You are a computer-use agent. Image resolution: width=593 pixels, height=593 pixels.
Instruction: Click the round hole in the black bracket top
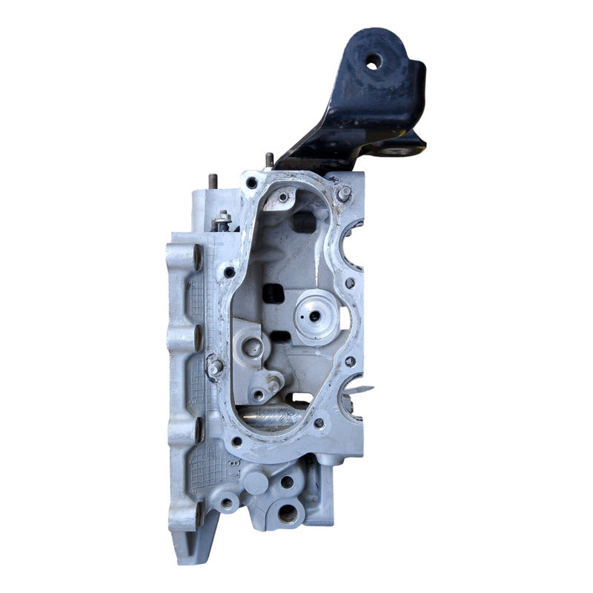pyautogui.click(x=374, y=62)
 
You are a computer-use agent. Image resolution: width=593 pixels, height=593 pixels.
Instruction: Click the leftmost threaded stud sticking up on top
pyautogui.click(x=213, y=182)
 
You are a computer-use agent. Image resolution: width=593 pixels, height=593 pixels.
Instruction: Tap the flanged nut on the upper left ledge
pyautogui.click(x=222, y=219)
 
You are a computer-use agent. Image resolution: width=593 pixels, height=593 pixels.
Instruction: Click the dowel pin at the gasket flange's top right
pyautogui.click(x=344, y=193)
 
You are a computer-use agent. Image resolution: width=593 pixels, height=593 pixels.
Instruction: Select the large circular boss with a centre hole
pyautogui.click(x=315, y=315)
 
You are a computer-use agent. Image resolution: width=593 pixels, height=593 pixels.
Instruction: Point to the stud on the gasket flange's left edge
pyautogui.click(x=215, y=366)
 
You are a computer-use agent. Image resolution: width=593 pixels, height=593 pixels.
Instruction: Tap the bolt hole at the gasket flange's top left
pyautogui.click(x=253, y=182)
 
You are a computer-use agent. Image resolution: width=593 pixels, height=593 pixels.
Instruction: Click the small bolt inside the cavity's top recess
pyautogui.click(x=282, y=197)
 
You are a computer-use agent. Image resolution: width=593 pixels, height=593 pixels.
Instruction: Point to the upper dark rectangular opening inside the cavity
pyautogui.click(x=303, y=221)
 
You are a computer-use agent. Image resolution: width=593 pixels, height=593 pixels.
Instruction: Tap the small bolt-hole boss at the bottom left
pyautogui.click(x=226, y=503)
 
